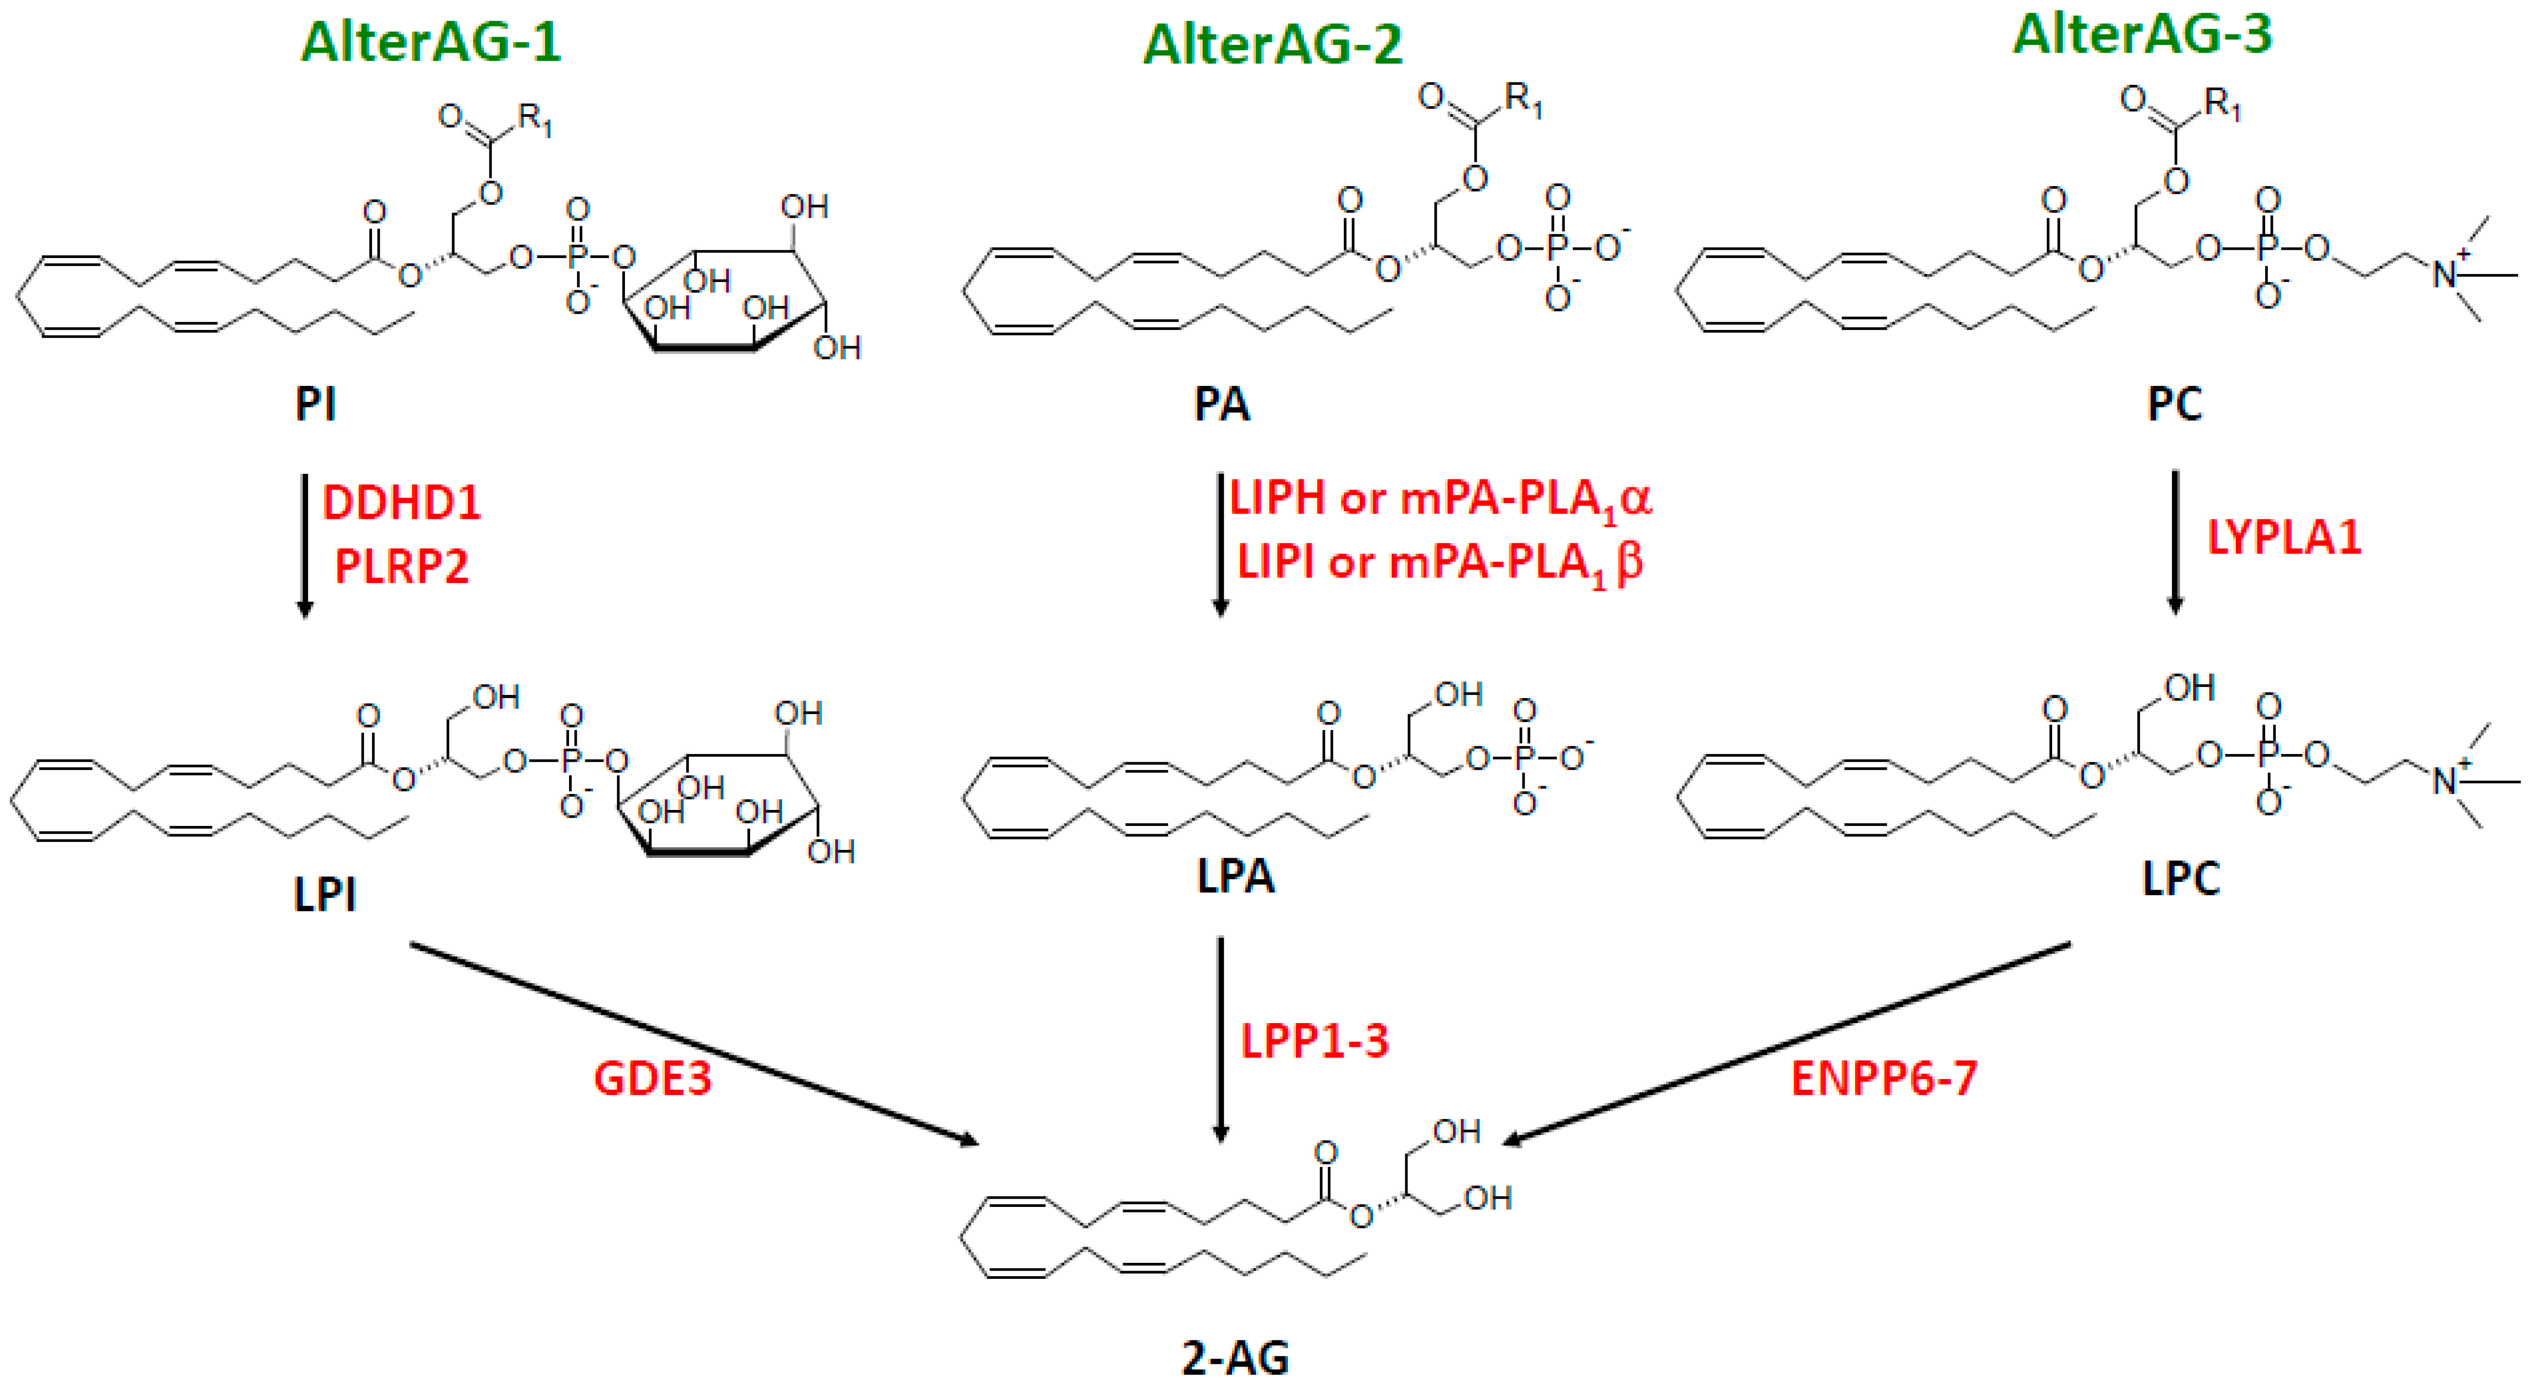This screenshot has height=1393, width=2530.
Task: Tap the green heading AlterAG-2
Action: pyautogui.click(x=1273, y=45)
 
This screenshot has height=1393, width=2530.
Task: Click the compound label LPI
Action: pyautogui.click(x=324, y=894)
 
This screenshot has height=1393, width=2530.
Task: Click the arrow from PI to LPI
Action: pyautogui.click(x=305, y=545)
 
